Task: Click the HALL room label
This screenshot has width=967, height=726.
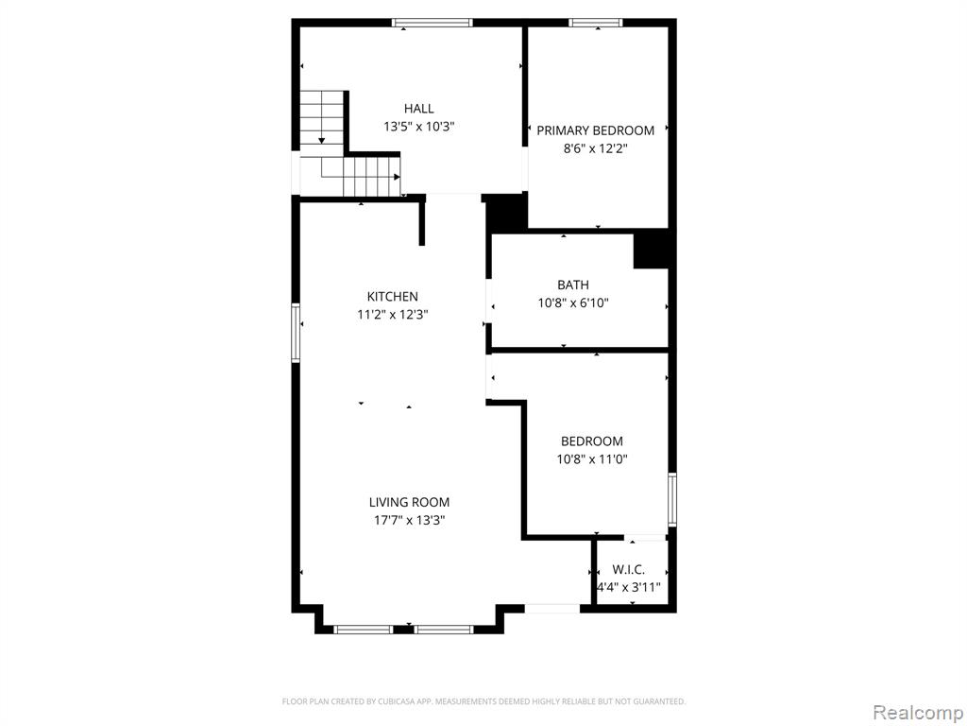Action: coord(418,109)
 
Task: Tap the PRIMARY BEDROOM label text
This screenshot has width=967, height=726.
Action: coord(595,130)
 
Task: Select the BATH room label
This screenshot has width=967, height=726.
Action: coord(573,285)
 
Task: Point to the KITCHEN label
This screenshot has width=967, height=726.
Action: coord(392,296)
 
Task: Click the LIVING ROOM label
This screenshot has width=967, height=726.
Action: coord(409,503)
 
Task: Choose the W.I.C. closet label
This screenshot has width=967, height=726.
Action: coord(628,570)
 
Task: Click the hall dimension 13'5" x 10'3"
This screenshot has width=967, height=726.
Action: coord(418,128)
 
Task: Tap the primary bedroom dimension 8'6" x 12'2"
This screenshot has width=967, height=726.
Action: coord(595,148)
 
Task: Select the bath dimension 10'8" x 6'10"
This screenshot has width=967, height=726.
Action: coord(573,303)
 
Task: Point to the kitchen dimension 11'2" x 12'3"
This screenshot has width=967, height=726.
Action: coord(392,315)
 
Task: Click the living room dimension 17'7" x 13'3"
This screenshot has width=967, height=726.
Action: coord(409,521)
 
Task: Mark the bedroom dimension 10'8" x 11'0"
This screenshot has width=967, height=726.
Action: coord(591,459)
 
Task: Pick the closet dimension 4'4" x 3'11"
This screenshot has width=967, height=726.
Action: coord(628,587)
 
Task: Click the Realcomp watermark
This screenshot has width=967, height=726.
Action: coord(918,713)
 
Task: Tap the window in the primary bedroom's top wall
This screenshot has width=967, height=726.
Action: coord(595,23)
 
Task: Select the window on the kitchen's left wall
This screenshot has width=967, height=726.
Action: coord(296,332)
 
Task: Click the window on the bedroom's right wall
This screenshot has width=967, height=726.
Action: coord(672,499)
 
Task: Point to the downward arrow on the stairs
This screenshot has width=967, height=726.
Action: coord(321,140)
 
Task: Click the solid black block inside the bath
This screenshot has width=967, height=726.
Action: coord(652,250)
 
